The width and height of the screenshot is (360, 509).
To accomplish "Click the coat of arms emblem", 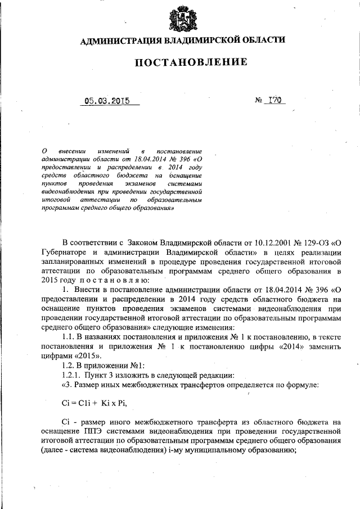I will pyautogui.click(x=180, y=18).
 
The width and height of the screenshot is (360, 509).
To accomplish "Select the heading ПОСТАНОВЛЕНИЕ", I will pyautogui.click(x=191, y=62).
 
